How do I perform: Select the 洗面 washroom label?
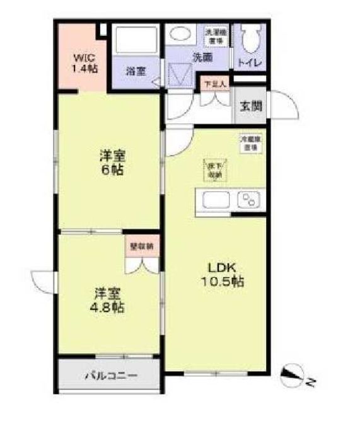202,57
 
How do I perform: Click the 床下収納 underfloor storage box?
214,170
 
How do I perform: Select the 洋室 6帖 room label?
111,163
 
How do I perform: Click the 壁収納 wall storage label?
141,246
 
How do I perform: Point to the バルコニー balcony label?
111,377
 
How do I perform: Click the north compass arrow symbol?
291,377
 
